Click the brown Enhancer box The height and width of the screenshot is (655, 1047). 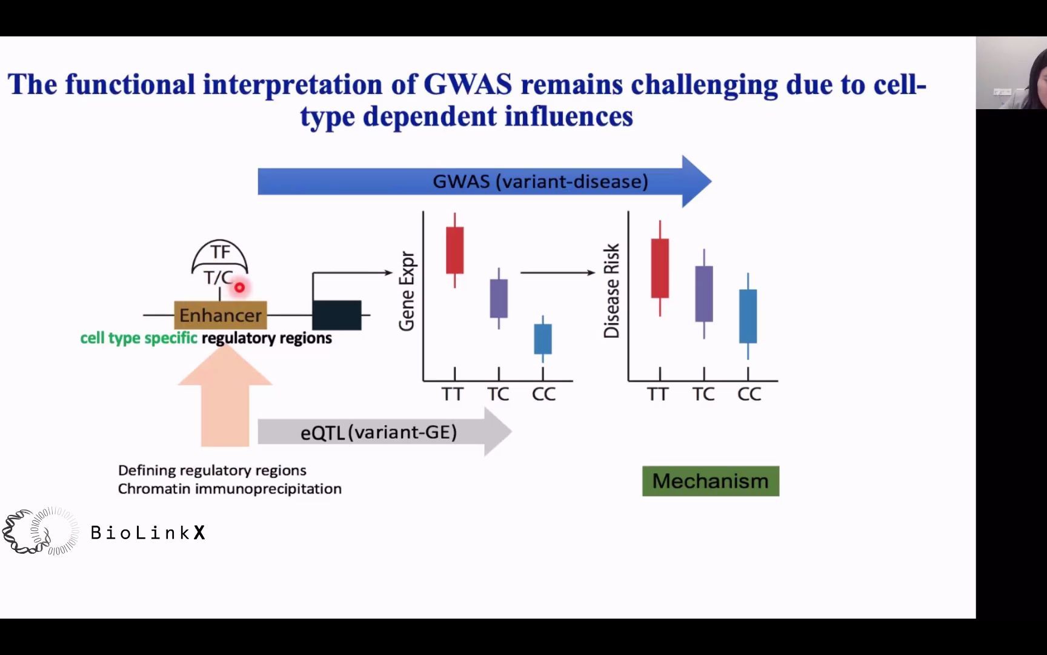tap(221, 315)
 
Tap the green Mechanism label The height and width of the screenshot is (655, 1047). tap(711, 481)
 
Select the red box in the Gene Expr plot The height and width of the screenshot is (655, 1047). tap(455, 250)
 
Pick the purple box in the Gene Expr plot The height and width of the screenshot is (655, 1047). tap(499, 298)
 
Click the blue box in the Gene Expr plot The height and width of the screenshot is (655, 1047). tap(543, 339)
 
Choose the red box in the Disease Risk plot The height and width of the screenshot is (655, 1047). tap(660, 268)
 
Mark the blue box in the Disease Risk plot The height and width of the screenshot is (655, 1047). tap(748, 316)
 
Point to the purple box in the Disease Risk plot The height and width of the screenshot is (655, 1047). tap(704, 294)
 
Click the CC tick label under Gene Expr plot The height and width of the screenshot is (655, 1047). tap(543, 394)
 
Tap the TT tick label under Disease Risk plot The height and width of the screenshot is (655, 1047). tap(657, 394)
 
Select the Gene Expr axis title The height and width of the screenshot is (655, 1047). tap(407, 292)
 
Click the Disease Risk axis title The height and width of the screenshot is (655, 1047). tap(612, 291)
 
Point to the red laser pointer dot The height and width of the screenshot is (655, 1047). tap(240, 287)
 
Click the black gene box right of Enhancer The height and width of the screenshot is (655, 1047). tap(337, 315)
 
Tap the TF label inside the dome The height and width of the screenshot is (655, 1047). tap(220, 252)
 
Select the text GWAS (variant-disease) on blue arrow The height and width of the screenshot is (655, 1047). tap(540, 181)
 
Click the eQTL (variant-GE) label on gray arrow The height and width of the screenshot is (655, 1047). tap(379, 432)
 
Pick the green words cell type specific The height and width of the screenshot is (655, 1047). tap(139, 338)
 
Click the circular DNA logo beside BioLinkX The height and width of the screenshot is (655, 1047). tap(41, 532)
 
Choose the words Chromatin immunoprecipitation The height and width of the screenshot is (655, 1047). tap(230, 489)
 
